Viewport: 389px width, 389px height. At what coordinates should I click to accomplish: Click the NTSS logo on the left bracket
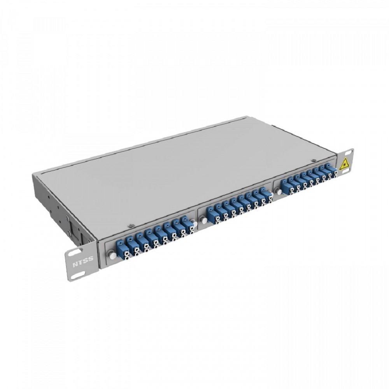[83, 261]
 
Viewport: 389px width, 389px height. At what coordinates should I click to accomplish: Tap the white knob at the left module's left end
[113, 256]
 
